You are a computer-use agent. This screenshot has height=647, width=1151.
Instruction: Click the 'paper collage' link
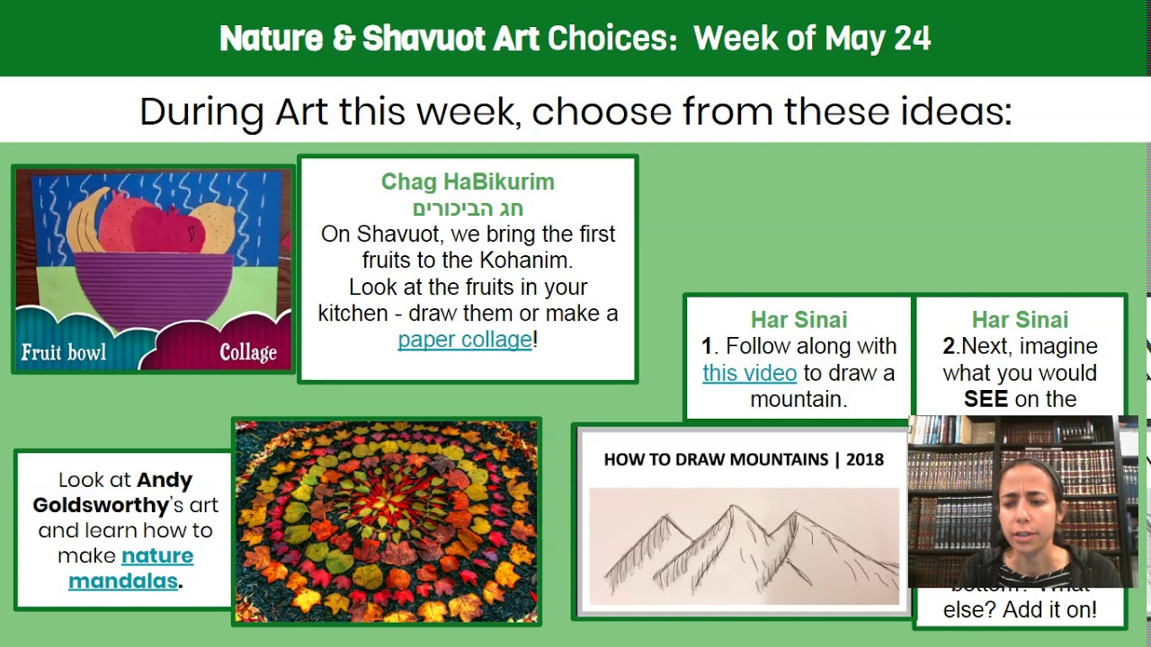click(465, 340)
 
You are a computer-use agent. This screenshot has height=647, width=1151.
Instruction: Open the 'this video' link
click(749, 373)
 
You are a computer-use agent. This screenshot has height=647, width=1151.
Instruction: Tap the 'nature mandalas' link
click(130, 568)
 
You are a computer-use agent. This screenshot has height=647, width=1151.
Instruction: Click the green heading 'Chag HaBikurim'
click(468, 182)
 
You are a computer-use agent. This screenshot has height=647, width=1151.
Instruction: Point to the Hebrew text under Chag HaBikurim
click(468, 208)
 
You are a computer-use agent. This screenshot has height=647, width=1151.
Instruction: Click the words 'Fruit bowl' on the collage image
click(63, 352)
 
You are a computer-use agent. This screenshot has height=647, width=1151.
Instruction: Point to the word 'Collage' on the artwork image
click(248, 352)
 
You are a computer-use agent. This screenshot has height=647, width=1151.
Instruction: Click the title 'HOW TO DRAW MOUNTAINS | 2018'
click(744, 459)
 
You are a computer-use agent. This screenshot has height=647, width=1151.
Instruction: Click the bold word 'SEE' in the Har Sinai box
click(986, 400)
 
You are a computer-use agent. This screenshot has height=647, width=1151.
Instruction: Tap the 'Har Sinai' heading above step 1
click(799, 320)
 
